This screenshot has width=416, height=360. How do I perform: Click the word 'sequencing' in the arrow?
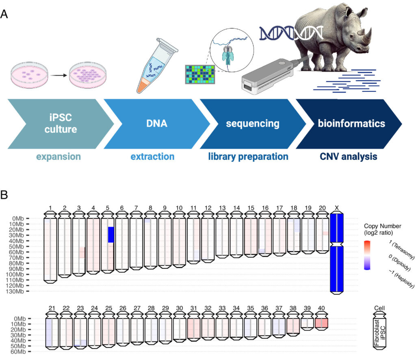click(253, 123)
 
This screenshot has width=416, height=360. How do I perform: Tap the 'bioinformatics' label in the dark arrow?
click(351, 123)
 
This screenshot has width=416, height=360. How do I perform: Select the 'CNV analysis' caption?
click(348, 156)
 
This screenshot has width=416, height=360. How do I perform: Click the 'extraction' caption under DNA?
click(153, 156)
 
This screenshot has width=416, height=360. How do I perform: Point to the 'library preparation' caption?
click(248, 157)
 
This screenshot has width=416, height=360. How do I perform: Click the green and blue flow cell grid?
click(200, 75)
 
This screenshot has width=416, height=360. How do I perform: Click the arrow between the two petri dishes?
click(58, 75)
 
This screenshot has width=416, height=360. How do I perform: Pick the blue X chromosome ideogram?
click(337, 253)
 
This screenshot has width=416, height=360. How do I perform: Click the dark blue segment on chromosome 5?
click(111, 235)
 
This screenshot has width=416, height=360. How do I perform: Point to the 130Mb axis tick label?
click(16, 291)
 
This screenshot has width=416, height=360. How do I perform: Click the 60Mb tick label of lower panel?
click(18, 352)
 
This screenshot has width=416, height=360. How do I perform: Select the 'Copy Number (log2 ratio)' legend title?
click(382, 229)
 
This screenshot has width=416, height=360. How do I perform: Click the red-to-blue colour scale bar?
click(367, 255)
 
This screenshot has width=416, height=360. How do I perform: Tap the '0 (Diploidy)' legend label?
click(400, 263)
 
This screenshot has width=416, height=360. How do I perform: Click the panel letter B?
click(4, 195)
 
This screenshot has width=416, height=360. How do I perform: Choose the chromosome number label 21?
click(52, 308)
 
